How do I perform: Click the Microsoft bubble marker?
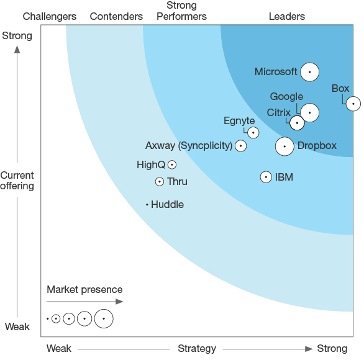tap(309, 72)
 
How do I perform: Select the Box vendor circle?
tap(353, 104)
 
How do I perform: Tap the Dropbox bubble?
tap(284, 146)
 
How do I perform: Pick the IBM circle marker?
tap(266, 178)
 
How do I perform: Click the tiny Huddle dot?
tap(147, 205)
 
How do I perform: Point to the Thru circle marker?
tap(160, 182)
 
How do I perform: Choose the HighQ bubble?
tap(172, 164)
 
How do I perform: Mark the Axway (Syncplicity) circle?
tap(241, 146)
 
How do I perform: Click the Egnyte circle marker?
tap(253, 133)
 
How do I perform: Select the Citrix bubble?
tap(297, 123)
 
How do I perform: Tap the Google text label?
tap(286, 97)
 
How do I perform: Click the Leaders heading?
tap(287, 17)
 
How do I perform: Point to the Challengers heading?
tap(50, 17)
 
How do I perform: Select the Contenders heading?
tap(116, 17)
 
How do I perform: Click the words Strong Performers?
tap(181, 11)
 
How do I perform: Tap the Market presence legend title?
tap(84, 290)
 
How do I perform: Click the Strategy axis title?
tap(197, 349)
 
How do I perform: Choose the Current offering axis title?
tap(17, 181)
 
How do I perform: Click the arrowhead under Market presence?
tap(119, 302)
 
